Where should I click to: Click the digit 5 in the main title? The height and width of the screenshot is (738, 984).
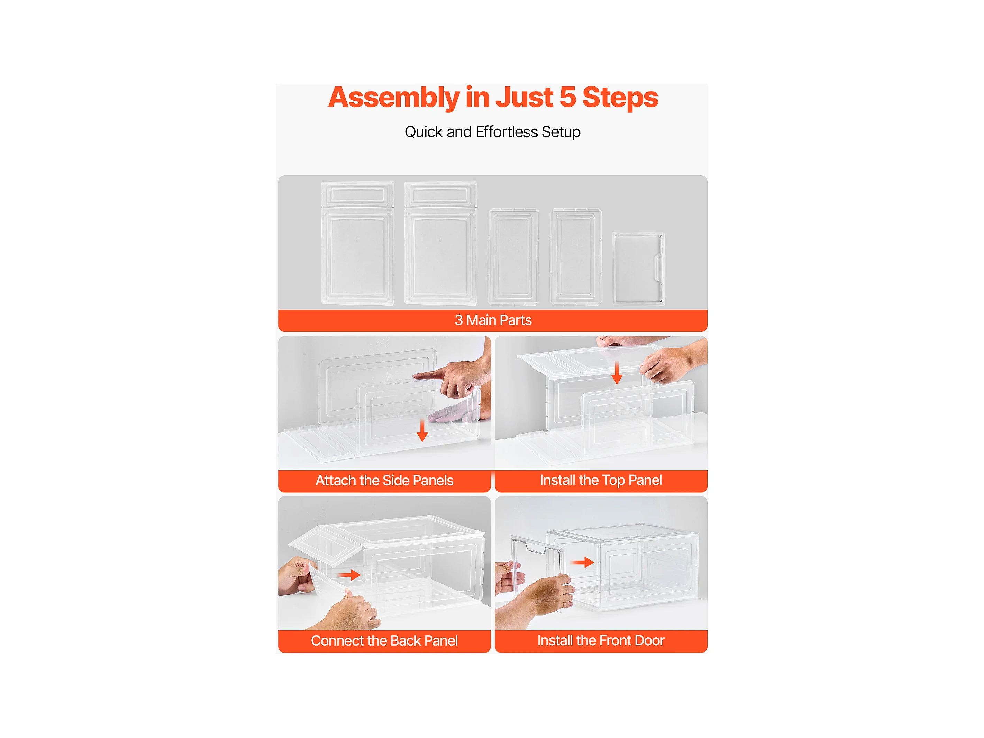pos(568,98)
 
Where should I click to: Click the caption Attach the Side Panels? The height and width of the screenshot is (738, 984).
pos(384,481)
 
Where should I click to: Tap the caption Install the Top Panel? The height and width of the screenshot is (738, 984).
pos(601,481)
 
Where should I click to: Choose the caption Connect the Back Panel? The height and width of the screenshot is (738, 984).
pos(384,640)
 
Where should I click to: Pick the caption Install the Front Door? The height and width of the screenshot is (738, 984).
pos(601,640)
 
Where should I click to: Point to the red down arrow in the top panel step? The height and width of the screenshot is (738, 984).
pos(617,373)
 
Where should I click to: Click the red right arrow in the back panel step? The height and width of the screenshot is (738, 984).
pos(349,575)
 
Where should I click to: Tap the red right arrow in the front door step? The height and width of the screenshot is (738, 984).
pos(583,562)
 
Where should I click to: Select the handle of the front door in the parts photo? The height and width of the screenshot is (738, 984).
pos(657,268)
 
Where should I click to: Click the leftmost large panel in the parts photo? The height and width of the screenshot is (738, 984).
pos(357,243)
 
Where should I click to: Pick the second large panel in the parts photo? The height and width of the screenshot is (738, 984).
pos(440,243)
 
